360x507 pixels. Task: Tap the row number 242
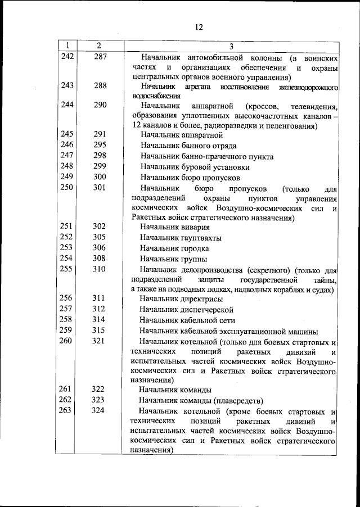point(67,57)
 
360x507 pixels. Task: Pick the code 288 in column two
point(100,85)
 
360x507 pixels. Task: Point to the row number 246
point(67,145)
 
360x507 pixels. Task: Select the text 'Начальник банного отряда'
point(190,146)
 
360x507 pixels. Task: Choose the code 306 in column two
point(100,248)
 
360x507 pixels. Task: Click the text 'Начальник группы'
point(173,259)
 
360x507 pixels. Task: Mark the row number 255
point(67,269)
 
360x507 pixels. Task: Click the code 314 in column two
point(100,320)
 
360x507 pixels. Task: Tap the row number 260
point(67,341)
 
